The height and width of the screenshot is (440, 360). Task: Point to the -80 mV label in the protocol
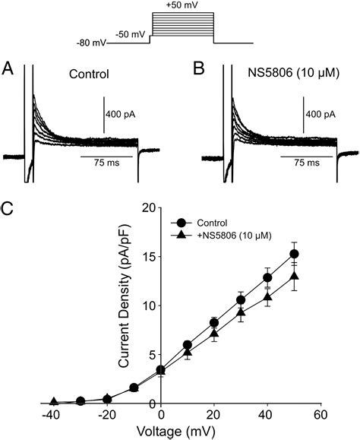tap(92, 43)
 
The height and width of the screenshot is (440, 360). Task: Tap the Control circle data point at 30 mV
tap(240, 299)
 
